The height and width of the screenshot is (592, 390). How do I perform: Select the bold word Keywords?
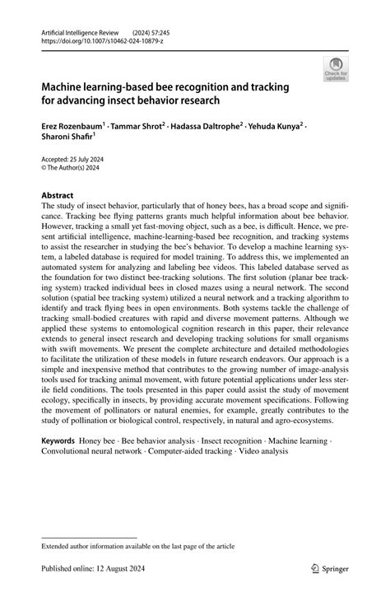tap(62, 442)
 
